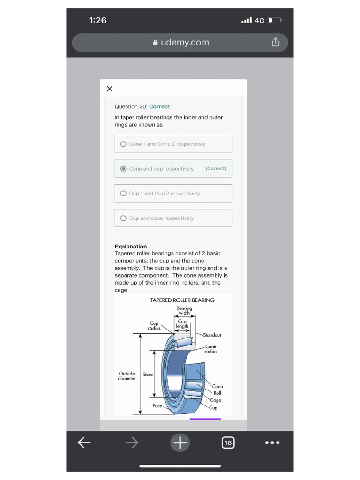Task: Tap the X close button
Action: (110, 89)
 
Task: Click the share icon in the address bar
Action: (276, 42)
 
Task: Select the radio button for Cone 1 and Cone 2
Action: (123, 144)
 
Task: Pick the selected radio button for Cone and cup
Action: (123, 169)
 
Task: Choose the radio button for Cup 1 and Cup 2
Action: (123, 194)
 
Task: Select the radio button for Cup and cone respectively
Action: (123, 218)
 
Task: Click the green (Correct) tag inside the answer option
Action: (216, 168)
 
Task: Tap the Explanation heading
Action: (131, 247)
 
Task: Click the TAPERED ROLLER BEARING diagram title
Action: (182, 300)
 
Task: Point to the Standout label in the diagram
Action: (212, 335)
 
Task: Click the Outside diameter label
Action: (127, 376)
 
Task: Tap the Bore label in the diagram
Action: (148, 375)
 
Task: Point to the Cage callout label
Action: (216, 400)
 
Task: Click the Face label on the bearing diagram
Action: (157, 406)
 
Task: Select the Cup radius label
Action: (154, 326)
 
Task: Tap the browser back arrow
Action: (84, 442)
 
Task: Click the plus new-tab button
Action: (180, 442)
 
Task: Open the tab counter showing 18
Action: (228, 442)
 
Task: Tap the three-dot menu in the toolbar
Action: (272, 442)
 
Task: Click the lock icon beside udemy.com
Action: (155, 42)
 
